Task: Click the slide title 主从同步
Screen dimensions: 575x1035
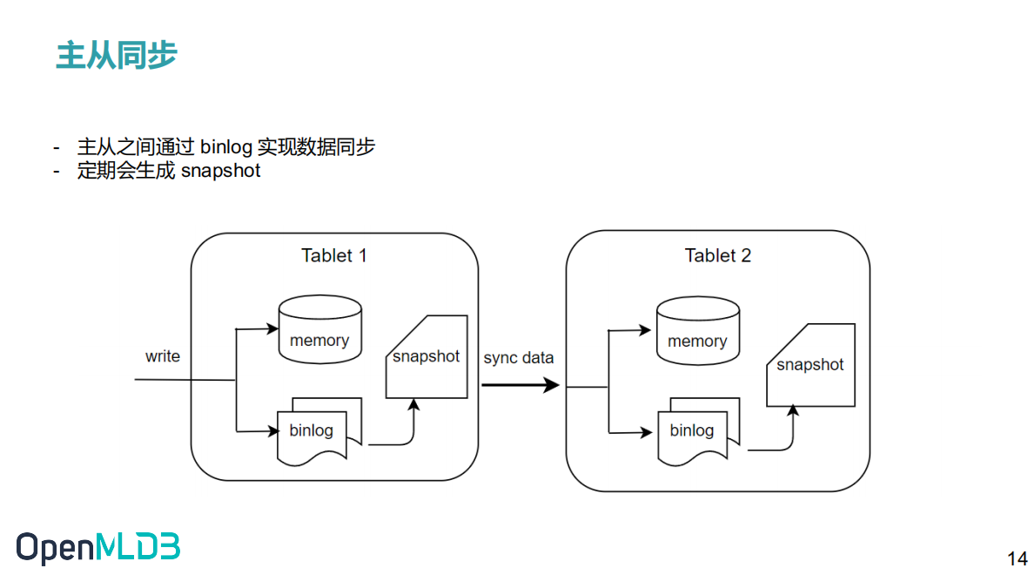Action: (117, 55)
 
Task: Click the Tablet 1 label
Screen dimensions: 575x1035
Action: (334, 256)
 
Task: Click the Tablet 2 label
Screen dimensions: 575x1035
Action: (717, 256)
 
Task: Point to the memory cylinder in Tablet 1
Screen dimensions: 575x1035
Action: (319, 329)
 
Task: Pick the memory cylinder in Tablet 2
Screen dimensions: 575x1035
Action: (697, 331)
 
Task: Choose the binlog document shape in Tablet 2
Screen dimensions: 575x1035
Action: (693, 431)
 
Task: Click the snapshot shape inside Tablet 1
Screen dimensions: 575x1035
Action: (427, 357)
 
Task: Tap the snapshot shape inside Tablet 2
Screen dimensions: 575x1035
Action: (810, 364)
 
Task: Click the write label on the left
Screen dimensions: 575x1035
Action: (163, 356)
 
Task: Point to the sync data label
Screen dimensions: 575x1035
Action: (519, 358)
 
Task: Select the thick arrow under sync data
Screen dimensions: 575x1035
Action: (520, 384)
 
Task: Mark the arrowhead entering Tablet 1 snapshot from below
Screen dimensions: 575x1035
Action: (413, 406)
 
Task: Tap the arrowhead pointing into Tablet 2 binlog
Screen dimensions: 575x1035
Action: (647, 432)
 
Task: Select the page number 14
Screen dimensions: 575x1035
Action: (1016, 558)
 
